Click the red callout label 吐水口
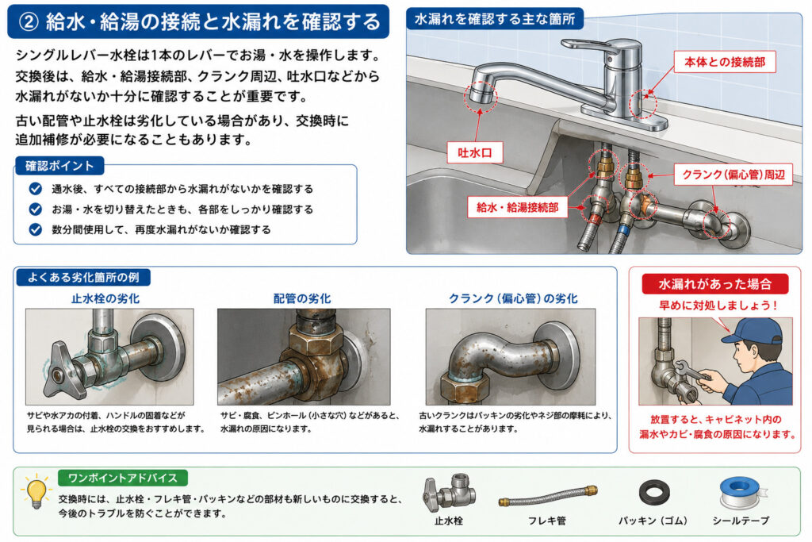(x=475, y=153)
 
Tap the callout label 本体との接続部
(x=725, y=62)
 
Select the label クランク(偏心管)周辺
(x=733, y=175)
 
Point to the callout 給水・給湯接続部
(x=517, y=207)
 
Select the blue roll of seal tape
(x=740, y=493)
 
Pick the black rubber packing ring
(x=654, y=492)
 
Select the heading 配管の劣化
(x=302, y=298)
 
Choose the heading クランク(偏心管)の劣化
(x=513, y=298)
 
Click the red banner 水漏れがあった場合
(x=714, y=284)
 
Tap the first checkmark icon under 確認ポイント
(x=36, y=189)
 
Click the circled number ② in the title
(x=29, y=21)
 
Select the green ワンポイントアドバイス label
(x=123, y=478)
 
